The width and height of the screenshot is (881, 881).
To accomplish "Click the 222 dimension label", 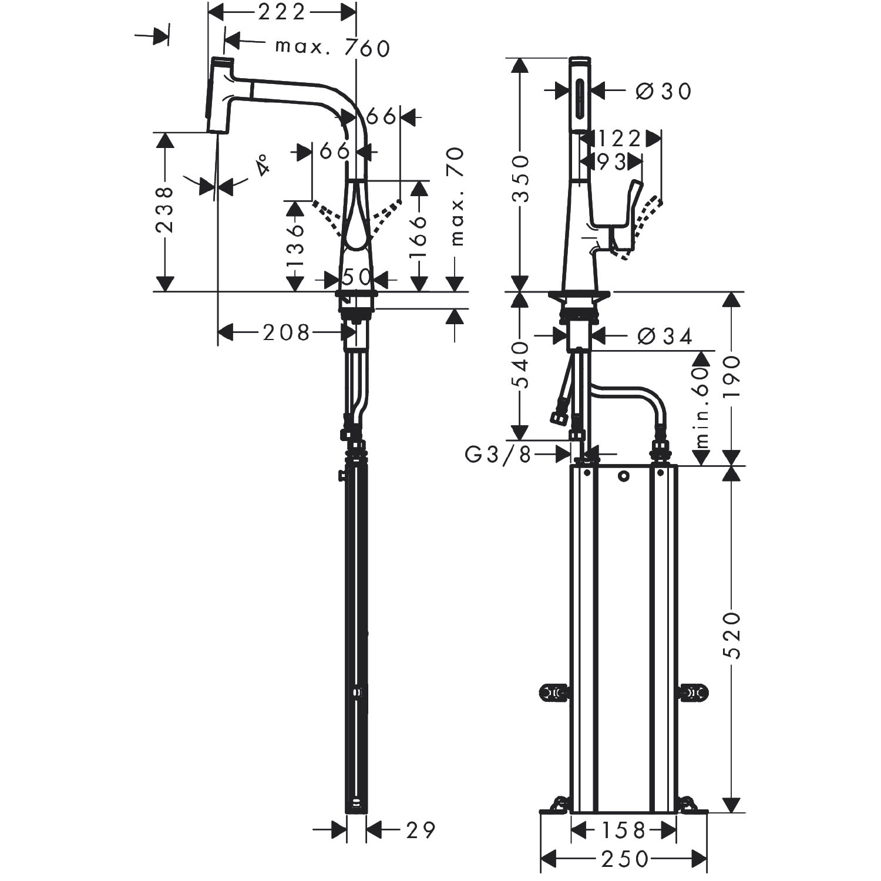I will [282, 12].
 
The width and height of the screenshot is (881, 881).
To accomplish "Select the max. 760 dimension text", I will [332, 48].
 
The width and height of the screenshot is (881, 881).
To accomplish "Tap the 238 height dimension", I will [165, 210].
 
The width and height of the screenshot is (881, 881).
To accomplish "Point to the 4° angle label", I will [263, 165].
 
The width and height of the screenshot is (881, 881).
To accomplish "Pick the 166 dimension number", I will [418, 237].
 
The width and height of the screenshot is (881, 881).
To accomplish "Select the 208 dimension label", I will [286, 333].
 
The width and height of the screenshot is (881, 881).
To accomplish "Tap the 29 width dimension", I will [421, 830].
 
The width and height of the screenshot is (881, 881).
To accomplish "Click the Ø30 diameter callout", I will [664, 90].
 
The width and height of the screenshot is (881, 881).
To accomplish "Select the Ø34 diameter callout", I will [665, 336].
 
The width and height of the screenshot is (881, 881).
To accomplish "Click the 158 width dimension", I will [623, 830].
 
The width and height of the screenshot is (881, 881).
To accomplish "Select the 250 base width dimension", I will [624, 859].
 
